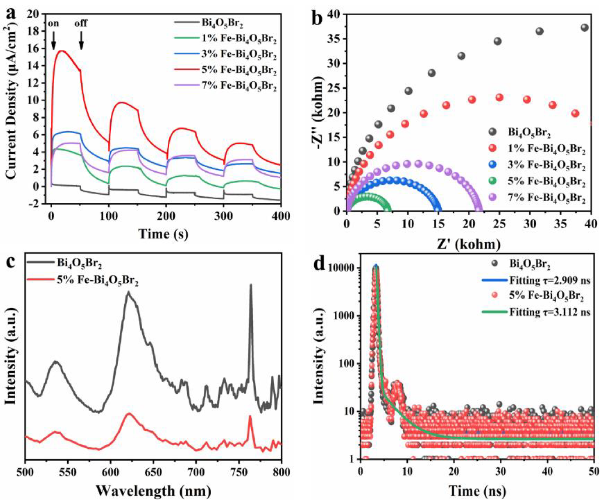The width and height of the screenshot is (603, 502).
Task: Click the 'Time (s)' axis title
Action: pyautogui.click(x=164, y=234)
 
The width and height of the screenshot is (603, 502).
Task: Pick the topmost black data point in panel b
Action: pyautogui.click(x=585, y=28)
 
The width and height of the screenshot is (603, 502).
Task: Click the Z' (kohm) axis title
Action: pyautogui.click(x=469, y=245)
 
